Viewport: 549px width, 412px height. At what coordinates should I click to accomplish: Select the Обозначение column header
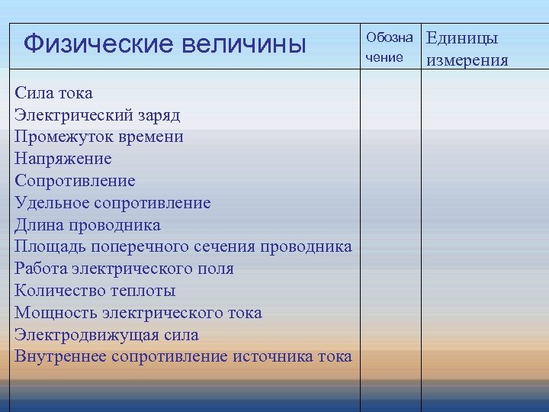[x=389, y=47]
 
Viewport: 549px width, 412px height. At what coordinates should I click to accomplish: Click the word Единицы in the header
[x=462, y=38]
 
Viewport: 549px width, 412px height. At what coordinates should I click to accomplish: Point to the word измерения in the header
[x=467, y=60]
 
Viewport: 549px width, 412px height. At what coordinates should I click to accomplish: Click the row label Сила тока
[x=53, y=93]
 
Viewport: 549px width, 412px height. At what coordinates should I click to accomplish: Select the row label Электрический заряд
[x=98, y=115]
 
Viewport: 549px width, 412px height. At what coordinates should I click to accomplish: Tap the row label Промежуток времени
[x=98, y=137]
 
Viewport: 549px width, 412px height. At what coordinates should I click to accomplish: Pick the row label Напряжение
[x=63, y=159]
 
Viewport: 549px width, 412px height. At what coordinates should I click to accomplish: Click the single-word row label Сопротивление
[x=75, y=181]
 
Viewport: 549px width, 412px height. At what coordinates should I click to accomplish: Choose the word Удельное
[x=51, y=203]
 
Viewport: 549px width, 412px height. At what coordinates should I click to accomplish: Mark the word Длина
[x=38, y=225]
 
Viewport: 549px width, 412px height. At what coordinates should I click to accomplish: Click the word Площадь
[x=50, y=247]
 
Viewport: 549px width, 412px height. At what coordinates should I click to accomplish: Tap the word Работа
[x=41, y=269]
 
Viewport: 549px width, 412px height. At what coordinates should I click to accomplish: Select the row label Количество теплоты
[x=95, y=291]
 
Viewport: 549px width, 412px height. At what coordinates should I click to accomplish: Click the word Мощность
[x=54, y=313]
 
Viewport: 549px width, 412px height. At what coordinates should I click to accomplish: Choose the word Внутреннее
[x=59, y=356]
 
